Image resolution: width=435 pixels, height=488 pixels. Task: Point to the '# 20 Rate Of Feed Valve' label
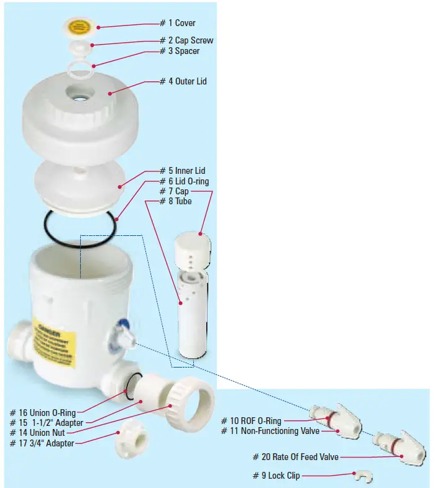(x=295, y=457)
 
